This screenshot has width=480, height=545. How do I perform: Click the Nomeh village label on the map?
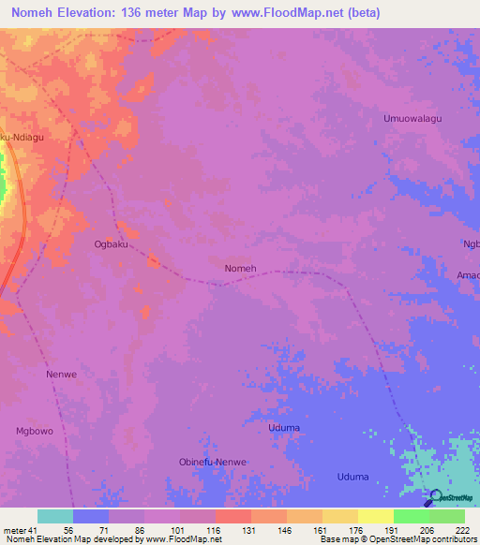click(x=241, y=269)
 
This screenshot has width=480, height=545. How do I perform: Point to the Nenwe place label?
click(x=60, y=374)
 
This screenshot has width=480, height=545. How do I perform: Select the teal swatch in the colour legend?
click(x=54, y=516)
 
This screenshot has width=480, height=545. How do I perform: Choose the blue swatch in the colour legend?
click(x=90, y=516)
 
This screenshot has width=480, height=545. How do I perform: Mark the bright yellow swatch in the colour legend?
click(x=375, y=516)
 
